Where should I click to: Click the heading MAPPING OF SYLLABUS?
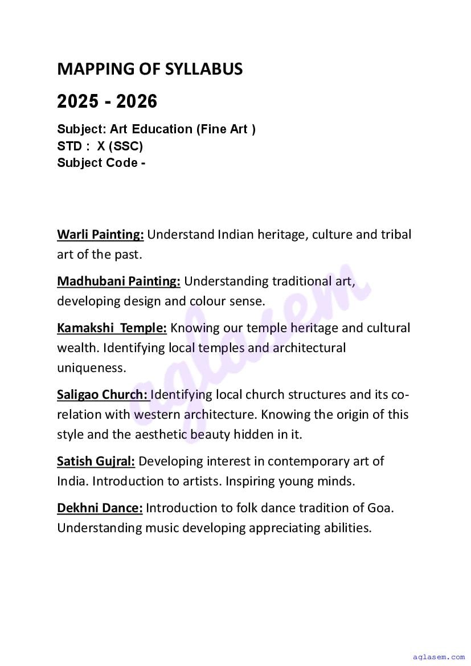point(150,70)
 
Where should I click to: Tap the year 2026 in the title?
point(137,102)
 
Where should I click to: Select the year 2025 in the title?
point(77,102)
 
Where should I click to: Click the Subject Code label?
point(97,163)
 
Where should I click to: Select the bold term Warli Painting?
point(100,235)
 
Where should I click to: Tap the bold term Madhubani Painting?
point(118,281)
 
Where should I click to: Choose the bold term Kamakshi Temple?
point(112,328)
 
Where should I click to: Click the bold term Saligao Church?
point(103,394)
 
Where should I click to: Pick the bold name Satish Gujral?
point(96,461)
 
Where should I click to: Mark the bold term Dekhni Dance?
point(100,508)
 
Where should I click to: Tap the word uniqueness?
point(91,368)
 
